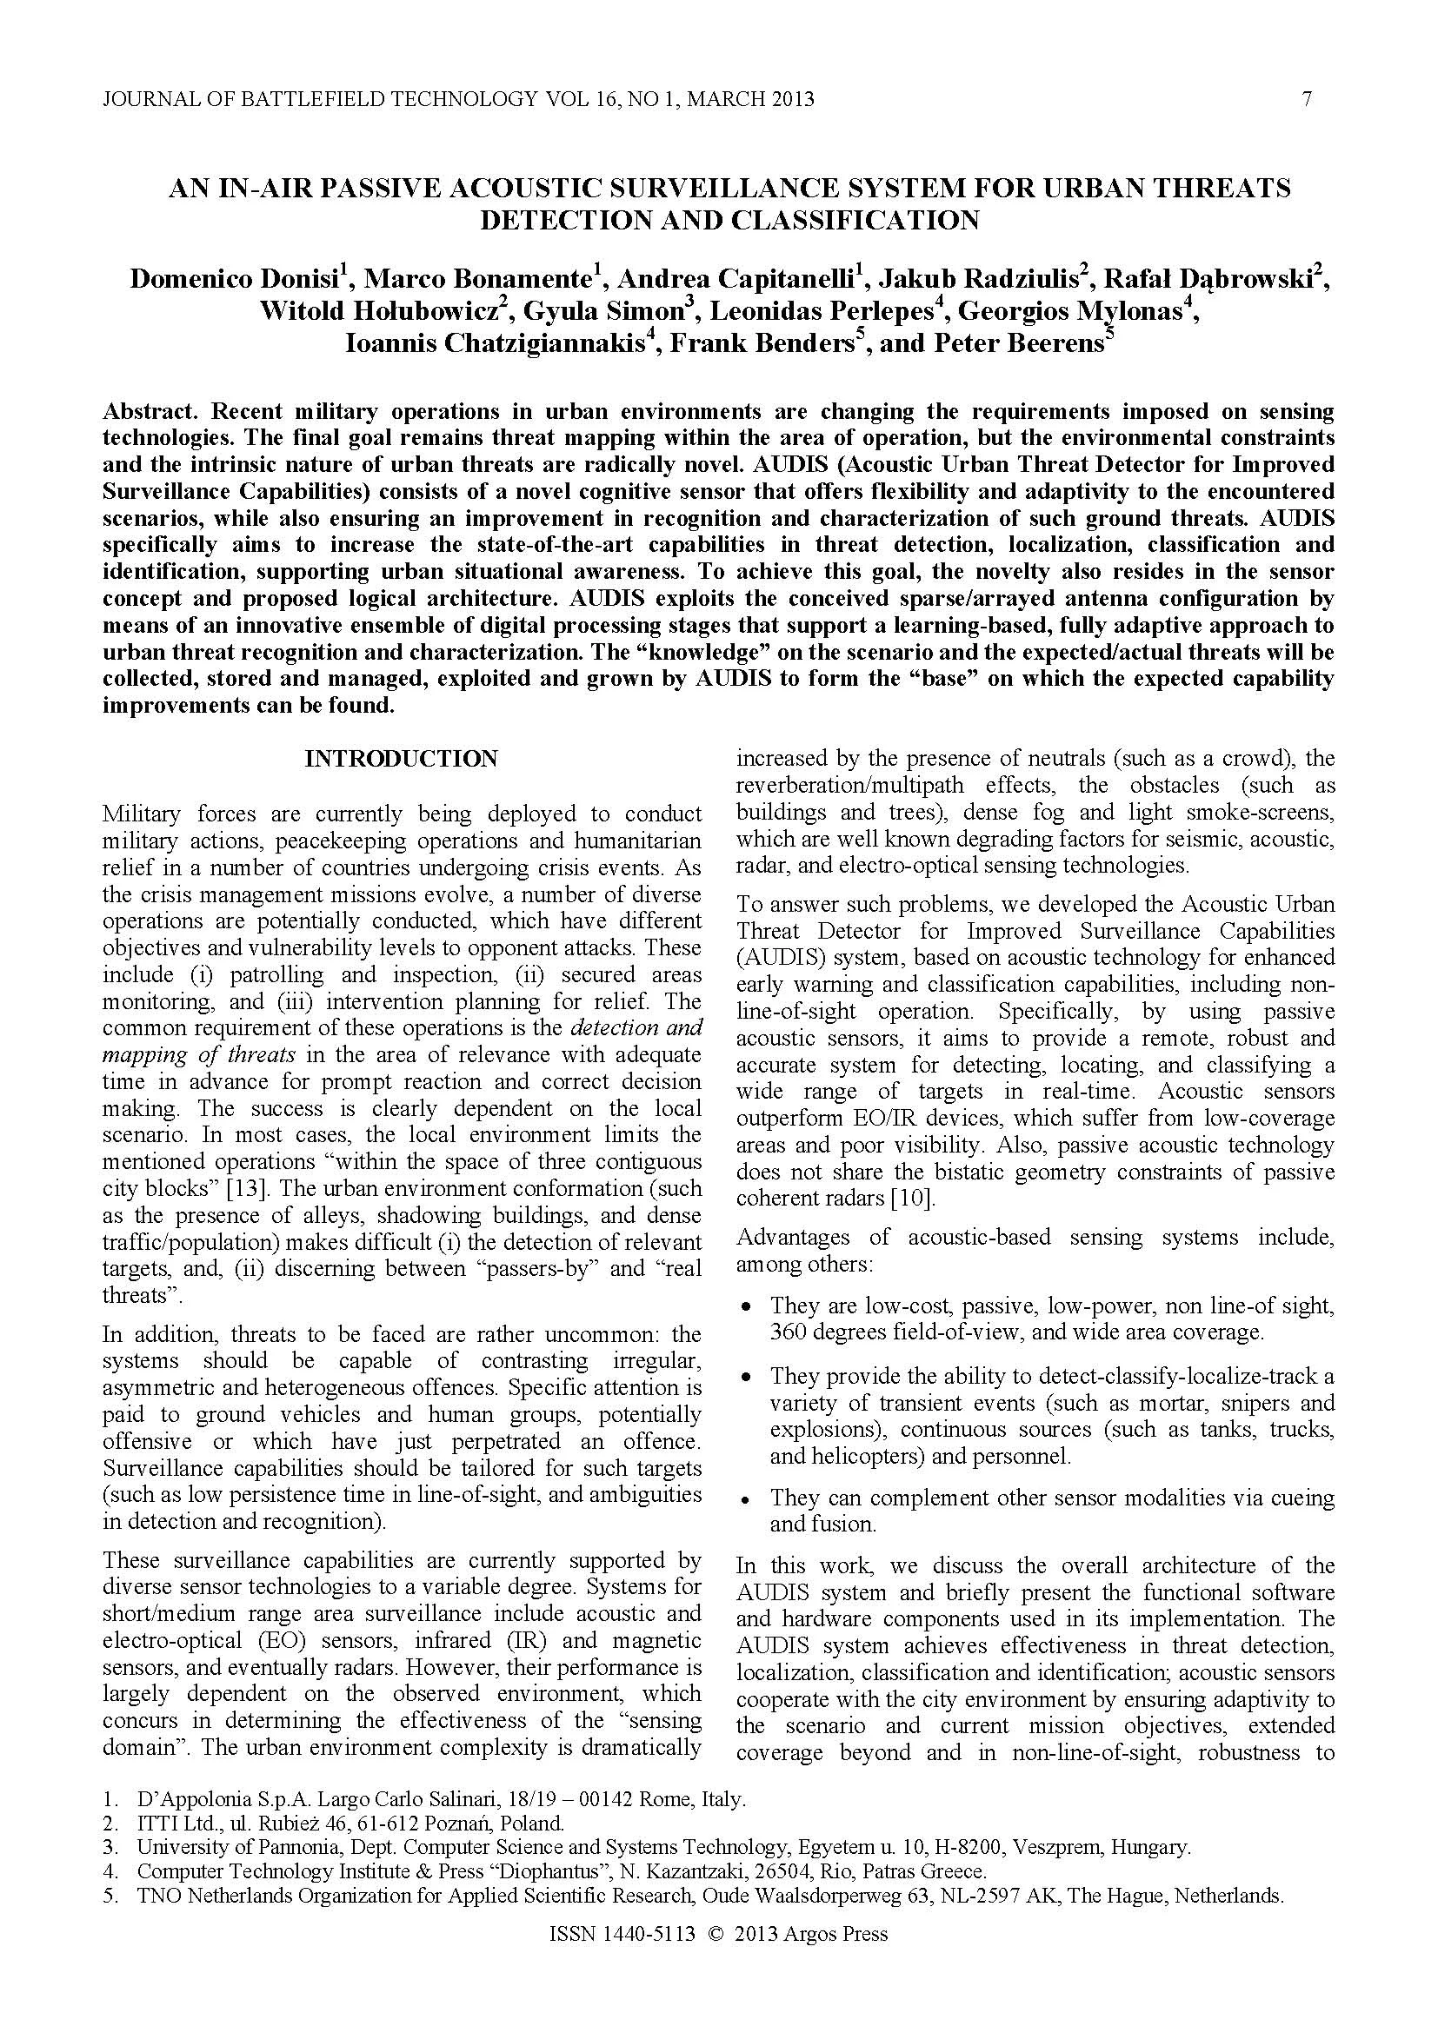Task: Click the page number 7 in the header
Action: (1307, 99)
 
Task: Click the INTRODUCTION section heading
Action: (401, 759)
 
